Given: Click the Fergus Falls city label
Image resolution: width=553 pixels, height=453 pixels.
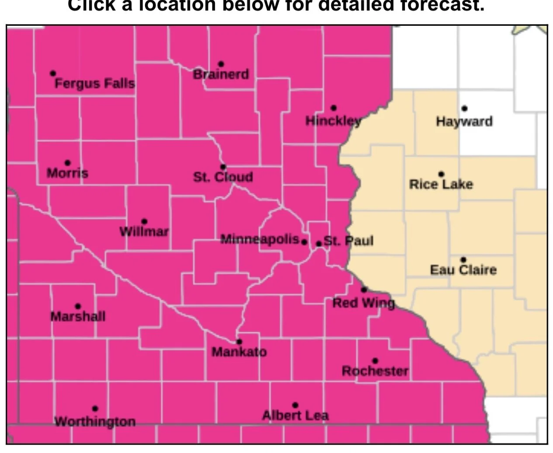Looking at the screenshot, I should click(94, 83).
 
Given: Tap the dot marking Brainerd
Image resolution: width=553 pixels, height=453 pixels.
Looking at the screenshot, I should click(221, 65).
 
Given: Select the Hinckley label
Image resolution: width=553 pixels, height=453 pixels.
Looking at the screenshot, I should click(333, 121).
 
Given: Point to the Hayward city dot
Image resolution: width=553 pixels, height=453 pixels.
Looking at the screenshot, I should click(464, 108).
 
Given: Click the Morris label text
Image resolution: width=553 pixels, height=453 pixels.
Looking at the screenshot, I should click(67, 173).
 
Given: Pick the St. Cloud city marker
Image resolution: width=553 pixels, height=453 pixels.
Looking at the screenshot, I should click(223, 167).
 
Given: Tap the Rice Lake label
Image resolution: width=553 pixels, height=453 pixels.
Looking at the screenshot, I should click(441, 184).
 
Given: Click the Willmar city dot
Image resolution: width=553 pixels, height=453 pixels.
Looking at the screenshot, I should click(145, 221).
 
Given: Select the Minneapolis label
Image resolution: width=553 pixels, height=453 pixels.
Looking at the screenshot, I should click(259, 239).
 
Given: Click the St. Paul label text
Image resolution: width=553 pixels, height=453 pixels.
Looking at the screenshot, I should click(349, 241).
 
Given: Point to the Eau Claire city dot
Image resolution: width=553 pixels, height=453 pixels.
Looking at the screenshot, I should click(463, 259).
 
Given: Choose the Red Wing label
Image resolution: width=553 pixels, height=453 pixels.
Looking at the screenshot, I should click(363, 303).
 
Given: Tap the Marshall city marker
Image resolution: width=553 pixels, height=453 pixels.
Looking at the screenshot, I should click(78, 306).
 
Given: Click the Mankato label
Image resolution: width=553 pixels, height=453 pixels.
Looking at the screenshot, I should click(239, 352).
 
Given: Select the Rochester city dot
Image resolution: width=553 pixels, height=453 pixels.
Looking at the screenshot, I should click(375, 361).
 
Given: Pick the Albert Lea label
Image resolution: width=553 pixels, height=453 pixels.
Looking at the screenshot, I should click(295, 415).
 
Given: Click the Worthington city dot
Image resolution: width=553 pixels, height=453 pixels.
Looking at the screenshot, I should click(95, 409).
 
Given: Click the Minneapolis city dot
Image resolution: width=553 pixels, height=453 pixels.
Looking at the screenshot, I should click(304, 242).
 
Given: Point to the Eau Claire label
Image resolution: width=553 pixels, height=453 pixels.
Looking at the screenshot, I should click(463, 270).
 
